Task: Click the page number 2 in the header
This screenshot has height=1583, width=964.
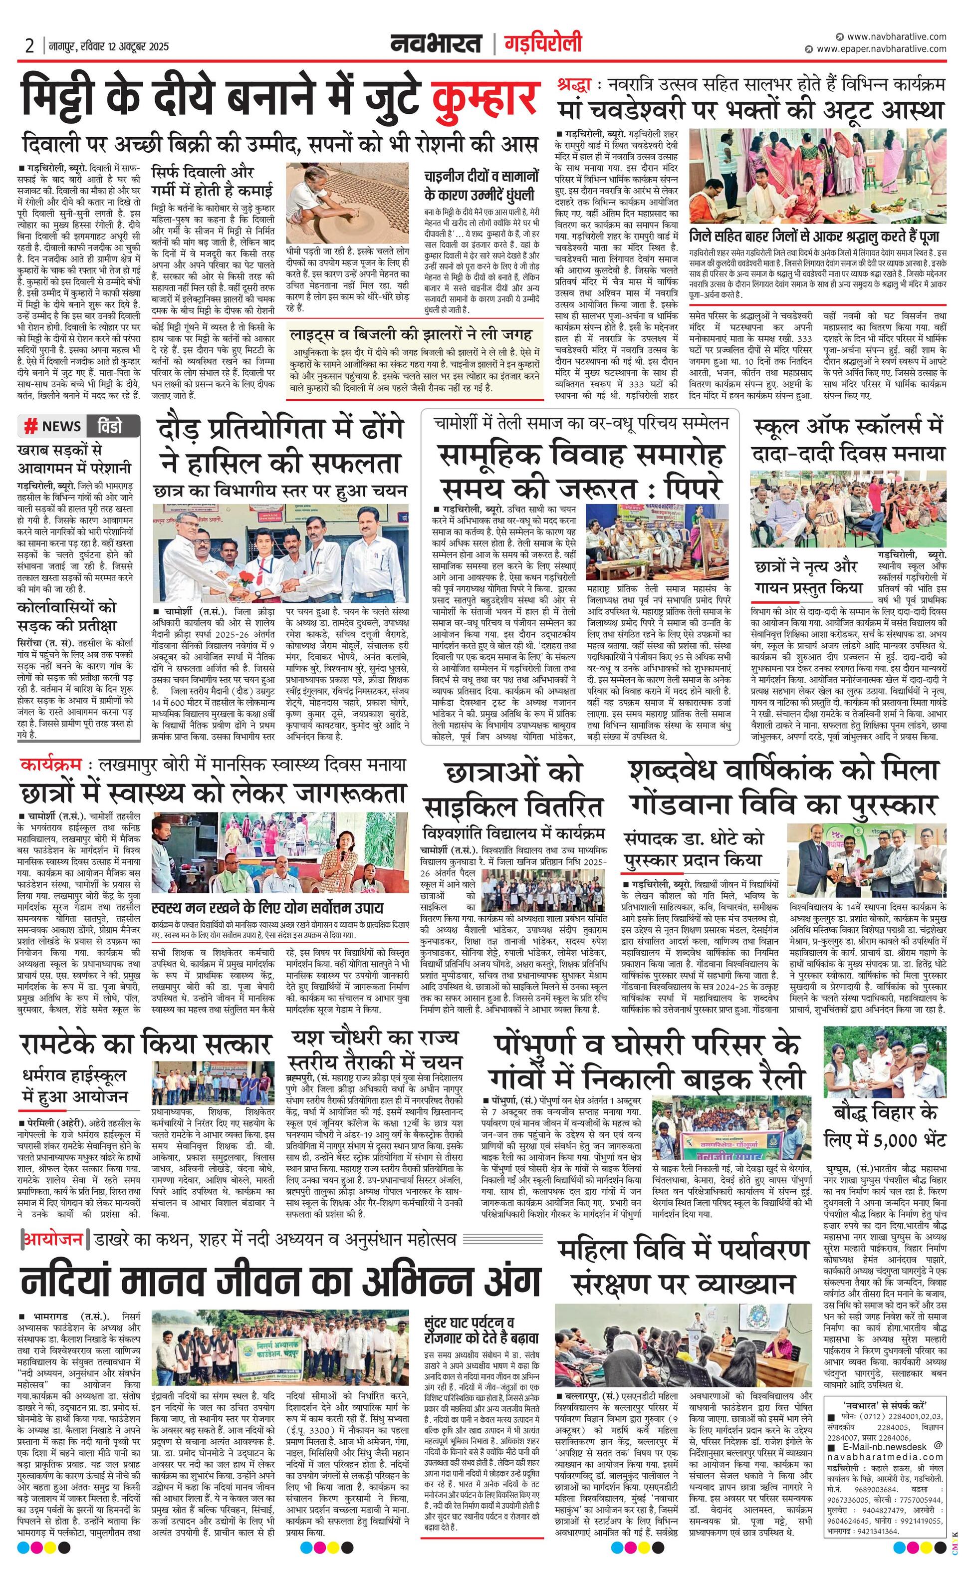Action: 29,46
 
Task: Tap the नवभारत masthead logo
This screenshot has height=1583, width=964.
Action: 437,44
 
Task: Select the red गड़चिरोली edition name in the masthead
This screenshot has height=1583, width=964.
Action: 543,44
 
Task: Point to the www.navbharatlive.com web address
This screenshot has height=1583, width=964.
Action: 896,36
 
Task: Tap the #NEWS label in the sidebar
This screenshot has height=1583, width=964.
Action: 54,426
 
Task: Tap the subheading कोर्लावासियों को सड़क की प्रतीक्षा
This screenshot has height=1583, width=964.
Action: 67,615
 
